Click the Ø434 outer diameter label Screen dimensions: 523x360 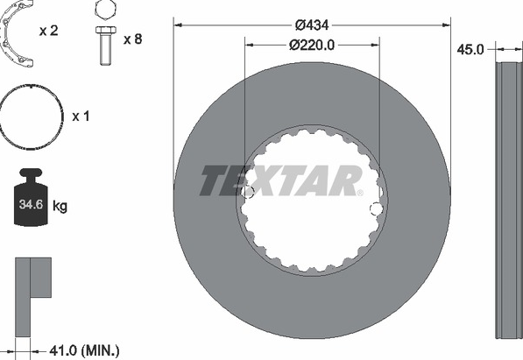click(312, 25)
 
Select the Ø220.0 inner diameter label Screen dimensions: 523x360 click(312, 45)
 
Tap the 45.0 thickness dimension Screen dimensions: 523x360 click(470, 50)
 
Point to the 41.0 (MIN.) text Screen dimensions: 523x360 click(84, 350)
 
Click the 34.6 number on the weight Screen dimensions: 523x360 click(31, 204)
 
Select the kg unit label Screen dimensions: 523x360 click(60, 206)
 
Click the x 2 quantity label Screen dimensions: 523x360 click(49, 31)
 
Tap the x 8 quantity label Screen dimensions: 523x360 click(133, 39)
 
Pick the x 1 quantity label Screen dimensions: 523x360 click(81, 116)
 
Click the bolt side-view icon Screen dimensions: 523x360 click(106, 46)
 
